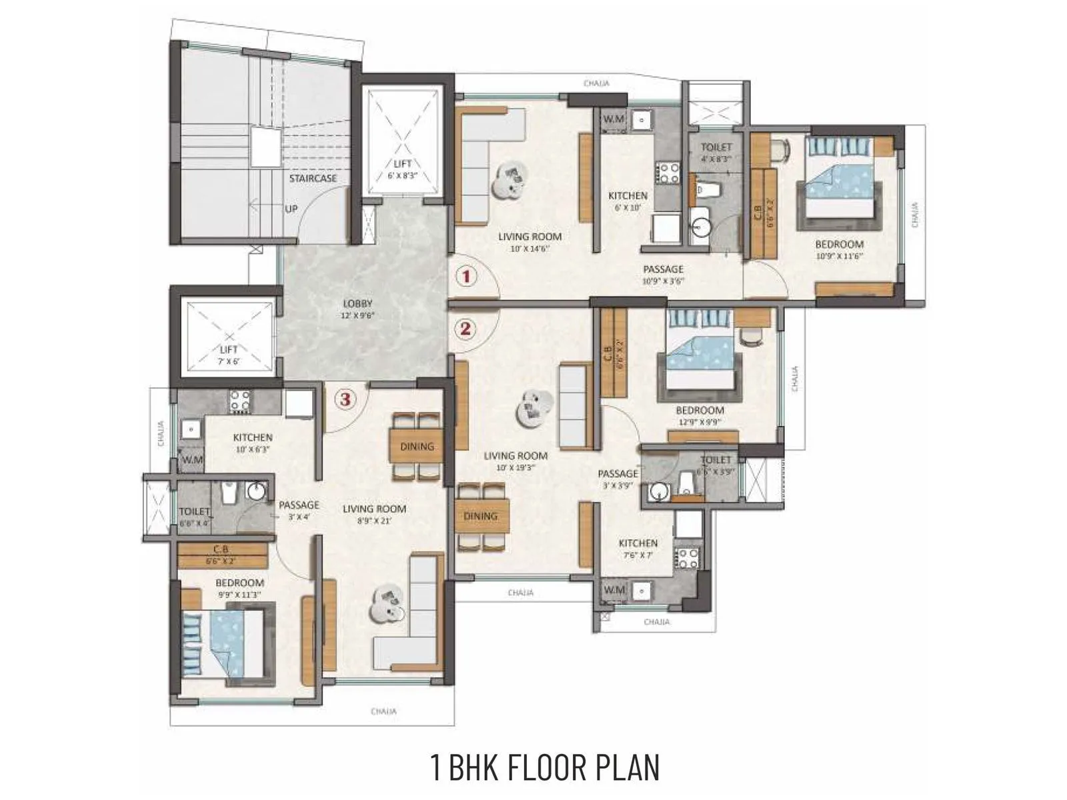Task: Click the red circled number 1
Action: point(465,275)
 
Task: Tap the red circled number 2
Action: point(465,328)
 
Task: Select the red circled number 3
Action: point(344,399)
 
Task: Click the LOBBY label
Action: point(357,304)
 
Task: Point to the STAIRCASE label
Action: point(313,179)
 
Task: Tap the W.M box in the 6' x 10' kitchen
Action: point(613,119)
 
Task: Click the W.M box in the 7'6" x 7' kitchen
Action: point(614,590)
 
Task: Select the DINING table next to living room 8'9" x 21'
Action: point(417,446)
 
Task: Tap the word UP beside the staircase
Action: point(291,209)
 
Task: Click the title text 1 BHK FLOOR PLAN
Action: point(545,767)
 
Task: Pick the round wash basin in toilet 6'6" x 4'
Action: point(256,492)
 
